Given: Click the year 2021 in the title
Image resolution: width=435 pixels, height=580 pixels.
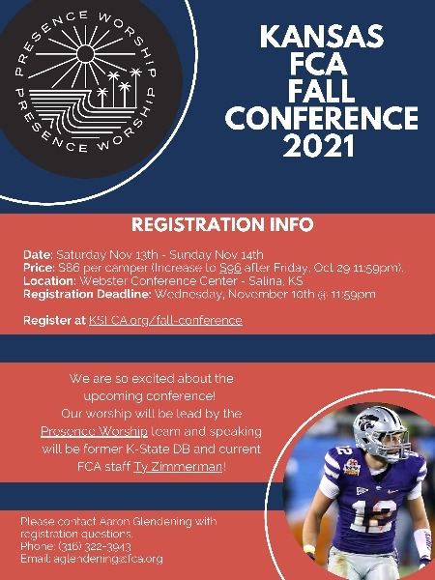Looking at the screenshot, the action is point(319,146).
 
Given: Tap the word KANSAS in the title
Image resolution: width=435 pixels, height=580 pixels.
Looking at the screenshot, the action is point(322,37).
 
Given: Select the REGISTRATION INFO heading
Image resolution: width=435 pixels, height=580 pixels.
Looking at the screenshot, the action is point(222,224).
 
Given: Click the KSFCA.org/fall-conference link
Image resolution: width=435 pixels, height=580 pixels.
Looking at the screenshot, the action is point(165,320).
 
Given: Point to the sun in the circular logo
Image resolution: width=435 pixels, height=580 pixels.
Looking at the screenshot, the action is point(85,54).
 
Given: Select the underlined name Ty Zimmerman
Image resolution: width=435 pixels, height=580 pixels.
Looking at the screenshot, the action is point(178,467).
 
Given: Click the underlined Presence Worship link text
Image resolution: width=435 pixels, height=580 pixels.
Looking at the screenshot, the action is point(94,432).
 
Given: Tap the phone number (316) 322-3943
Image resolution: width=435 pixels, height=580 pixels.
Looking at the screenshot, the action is point(95,547).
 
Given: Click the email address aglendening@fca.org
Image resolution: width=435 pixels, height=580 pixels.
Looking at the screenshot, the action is point(108,559).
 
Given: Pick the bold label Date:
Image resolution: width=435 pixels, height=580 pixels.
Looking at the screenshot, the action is point(38,255).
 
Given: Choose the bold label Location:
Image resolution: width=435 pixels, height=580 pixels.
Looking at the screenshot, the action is point(49,281).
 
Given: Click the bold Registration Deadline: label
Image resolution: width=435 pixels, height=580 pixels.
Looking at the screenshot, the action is point(87,295).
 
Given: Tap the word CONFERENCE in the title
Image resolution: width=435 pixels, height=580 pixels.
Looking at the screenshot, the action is point(322,118).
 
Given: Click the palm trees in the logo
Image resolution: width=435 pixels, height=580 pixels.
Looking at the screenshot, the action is point(119,88).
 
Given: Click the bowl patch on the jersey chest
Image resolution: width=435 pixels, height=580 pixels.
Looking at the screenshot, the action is point(352,468).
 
